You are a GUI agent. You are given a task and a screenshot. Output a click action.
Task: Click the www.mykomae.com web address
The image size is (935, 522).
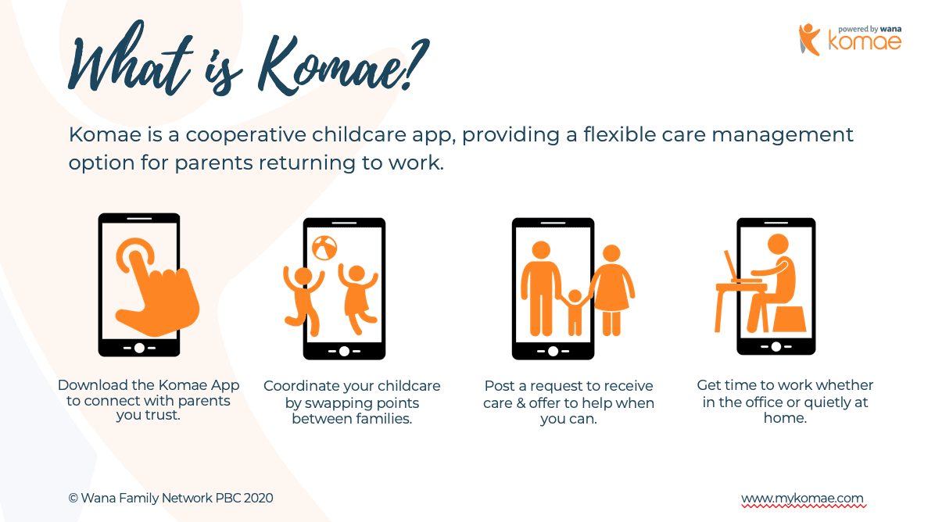click(803, 498)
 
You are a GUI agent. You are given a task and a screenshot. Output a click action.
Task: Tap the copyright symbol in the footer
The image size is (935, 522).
click(73, 498)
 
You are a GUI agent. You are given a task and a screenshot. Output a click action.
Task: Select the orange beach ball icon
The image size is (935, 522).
click(324, 248)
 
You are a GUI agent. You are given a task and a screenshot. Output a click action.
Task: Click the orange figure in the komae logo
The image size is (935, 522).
click(809, 39)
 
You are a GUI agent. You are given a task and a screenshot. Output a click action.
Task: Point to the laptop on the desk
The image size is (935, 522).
click(740, 267)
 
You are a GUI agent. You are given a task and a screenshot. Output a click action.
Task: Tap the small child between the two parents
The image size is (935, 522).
click(575, 312)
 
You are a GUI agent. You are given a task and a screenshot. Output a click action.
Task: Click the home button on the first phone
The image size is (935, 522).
click(139, 348)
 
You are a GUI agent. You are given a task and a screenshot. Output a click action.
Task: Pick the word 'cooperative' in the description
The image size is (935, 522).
click(245, 135)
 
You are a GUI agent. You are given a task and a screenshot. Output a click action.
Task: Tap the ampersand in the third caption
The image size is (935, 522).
click(521, 403)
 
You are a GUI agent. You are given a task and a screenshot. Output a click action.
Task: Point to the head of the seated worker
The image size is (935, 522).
click(778, 245)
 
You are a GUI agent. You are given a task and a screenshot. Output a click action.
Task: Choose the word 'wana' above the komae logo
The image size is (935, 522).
click(891, 29)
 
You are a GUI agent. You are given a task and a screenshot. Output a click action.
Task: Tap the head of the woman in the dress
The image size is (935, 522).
click(611, 253)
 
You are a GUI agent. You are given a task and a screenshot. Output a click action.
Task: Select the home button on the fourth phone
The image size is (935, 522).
click(776, 346)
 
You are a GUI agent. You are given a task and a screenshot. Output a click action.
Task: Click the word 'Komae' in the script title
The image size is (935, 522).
click(331, 66)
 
